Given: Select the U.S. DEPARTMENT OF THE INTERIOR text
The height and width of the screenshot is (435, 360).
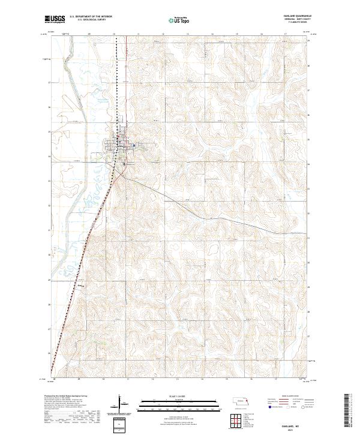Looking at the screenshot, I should [91, 17].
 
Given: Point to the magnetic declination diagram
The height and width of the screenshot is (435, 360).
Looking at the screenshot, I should [119, 404].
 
